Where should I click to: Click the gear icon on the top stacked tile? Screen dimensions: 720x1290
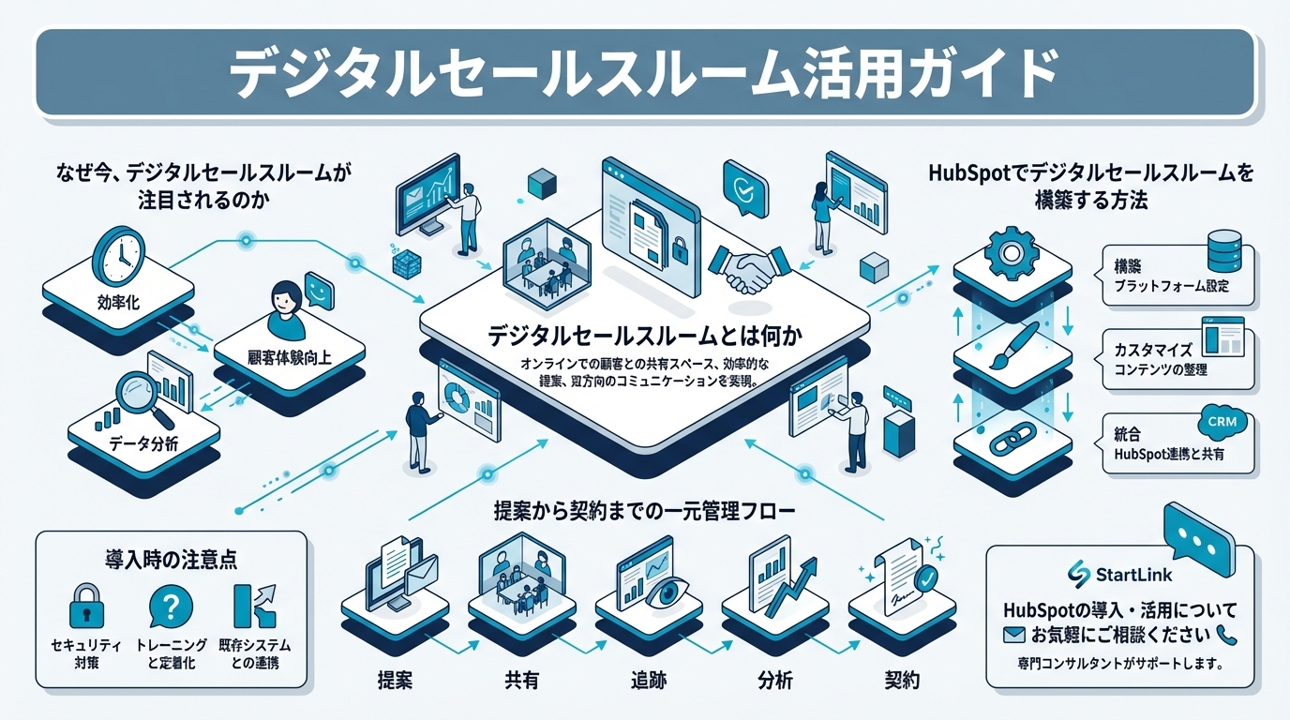[1010, 250]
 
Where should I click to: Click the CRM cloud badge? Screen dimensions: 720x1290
[1222, 422]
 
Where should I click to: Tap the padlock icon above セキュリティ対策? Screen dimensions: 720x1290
[86, 605]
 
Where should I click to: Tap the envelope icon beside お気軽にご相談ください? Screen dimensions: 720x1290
[1012, 635]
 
